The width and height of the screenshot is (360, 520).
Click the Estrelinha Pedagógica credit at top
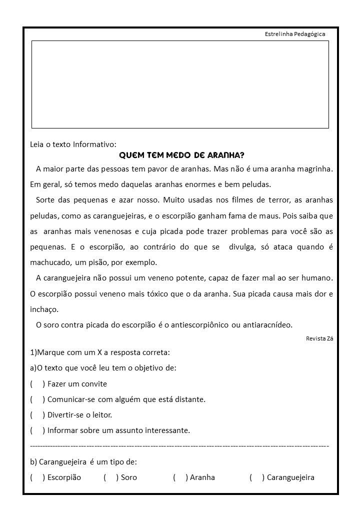[295, 34]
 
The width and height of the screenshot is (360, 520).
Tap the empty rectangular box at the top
[180, 84]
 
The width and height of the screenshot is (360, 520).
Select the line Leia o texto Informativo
[73, 144]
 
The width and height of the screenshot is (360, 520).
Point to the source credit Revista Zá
[319, 338]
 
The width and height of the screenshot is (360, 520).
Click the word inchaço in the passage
[44, 309]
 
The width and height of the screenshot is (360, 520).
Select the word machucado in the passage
[51, 262]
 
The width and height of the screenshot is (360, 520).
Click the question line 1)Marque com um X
[100, 352]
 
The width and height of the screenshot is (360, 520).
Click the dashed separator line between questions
[179, 445]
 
